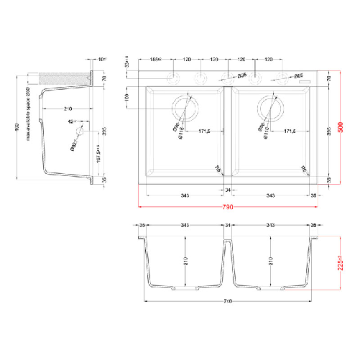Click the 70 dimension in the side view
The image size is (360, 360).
(103, 78)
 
